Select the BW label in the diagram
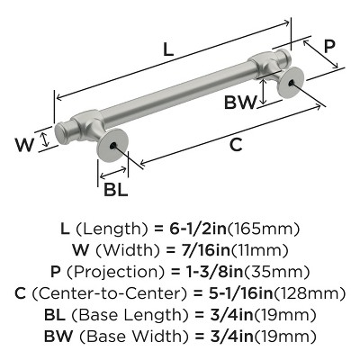pos(238,101)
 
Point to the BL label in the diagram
pos(114,191)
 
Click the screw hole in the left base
pos(113,145)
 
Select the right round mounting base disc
pos(289,85)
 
